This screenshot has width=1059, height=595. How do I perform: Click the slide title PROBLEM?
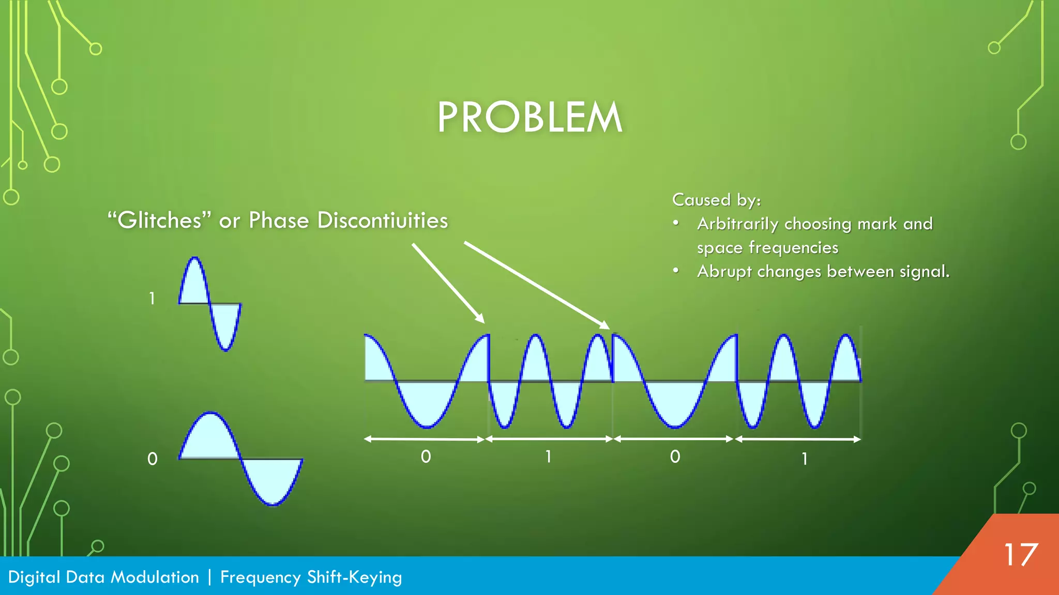point(529,118)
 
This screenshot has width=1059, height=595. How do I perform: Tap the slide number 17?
point(1020,555)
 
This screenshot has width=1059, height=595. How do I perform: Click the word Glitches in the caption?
point(159,221)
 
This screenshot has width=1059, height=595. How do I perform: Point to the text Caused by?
point(716,200)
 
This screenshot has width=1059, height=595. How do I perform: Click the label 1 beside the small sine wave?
point(152,299)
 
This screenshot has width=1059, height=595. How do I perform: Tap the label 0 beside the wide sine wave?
point(152,459)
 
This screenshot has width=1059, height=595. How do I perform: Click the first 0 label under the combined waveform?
point(426,457)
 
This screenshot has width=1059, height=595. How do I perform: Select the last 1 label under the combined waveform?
point(805,459)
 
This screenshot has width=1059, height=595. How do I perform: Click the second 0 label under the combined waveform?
point(675,457)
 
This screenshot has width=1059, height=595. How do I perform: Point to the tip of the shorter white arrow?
point(483,321)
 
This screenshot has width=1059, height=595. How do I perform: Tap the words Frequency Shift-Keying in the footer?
point(311,577)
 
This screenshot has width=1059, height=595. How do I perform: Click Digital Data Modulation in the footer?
point(103,577)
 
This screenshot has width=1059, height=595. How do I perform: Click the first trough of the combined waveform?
point(427,426)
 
